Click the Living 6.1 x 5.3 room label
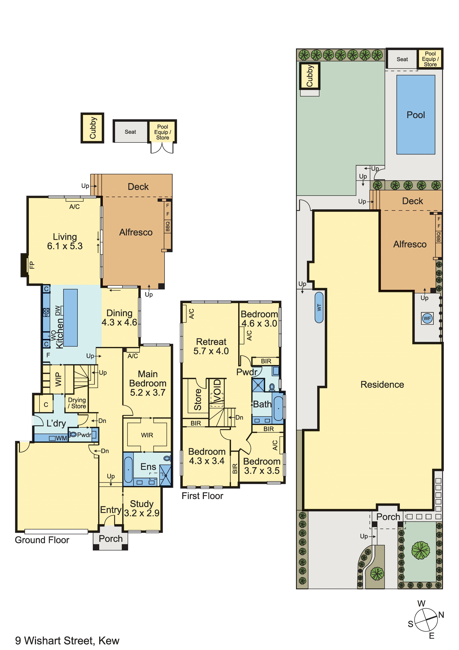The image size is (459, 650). tap(65, 241)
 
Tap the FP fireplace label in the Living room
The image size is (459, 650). tap(32, 265)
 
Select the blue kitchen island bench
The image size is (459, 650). tap(70, 317)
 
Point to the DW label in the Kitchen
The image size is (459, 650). tap(58, 311)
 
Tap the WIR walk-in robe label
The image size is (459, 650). tap(147, 435)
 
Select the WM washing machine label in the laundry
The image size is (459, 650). tap(61, 438)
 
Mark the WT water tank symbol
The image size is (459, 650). tap(319, 307)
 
